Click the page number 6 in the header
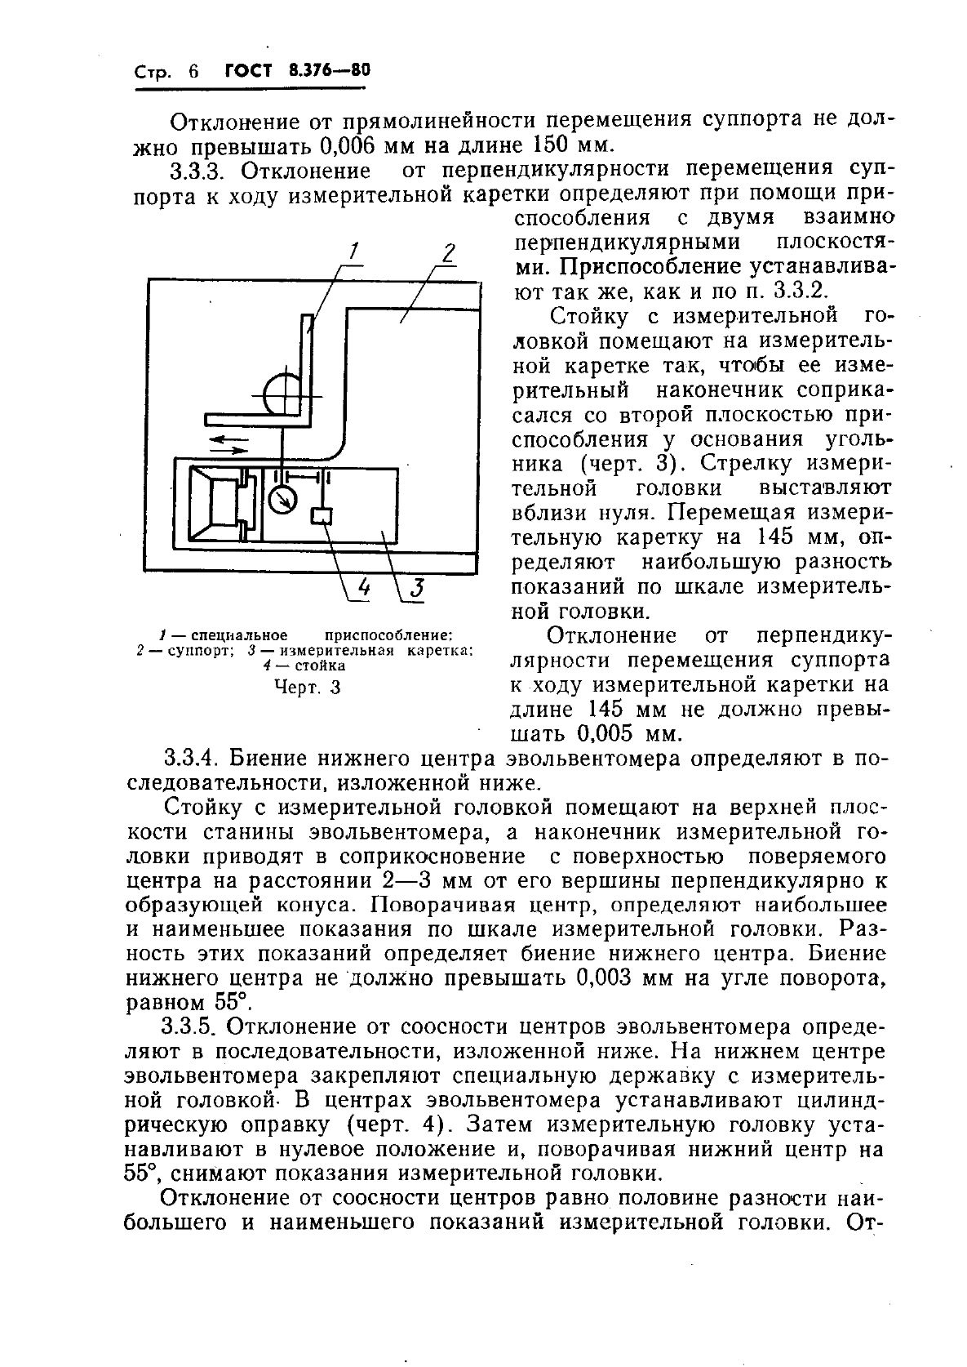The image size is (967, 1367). tap(193, 71)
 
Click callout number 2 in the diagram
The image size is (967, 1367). tap(448, 253)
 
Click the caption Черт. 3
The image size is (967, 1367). tap(307, 687)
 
